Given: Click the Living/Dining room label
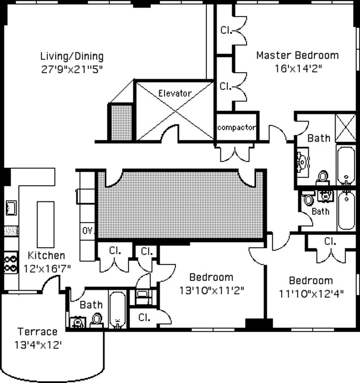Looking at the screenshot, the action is click(72, 56).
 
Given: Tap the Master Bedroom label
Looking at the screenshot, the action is click(298, 55).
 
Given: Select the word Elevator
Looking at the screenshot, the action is click(175, 93).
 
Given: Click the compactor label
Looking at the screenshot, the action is click(237, 128).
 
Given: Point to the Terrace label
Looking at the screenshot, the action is click(37, 332).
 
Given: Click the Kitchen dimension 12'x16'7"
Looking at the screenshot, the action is click(47, 269).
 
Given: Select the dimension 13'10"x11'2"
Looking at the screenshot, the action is click(212, 291).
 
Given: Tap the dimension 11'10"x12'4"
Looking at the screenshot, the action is click(311, 294).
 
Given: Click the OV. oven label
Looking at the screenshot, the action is click(88, 231).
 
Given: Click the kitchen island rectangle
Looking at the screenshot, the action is click(46, 225).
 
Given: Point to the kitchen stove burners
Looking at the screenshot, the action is click(11, 263).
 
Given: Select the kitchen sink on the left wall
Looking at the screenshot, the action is click(11, 208).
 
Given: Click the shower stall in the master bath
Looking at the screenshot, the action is click(345, 128).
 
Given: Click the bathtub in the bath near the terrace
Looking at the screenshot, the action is click(118, 309).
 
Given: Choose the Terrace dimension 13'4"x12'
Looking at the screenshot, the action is click(38, 345).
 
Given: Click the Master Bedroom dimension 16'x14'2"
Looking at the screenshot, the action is click(298, 69).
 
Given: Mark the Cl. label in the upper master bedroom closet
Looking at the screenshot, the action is click(226, 30).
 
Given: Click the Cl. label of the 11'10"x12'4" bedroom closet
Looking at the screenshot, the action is click(330, 241).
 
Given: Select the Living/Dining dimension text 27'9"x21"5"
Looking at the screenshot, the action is click(72, 70).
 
